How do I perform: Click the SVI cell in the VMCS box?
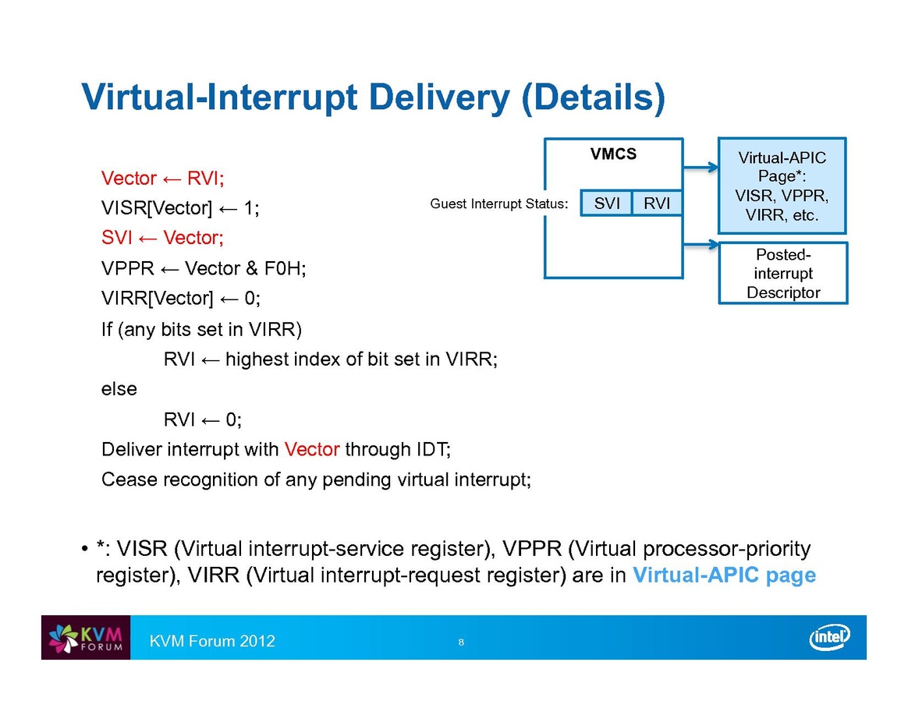click(x=607, y=204)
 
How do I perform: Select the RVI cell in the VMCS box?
click(x=657, y=204)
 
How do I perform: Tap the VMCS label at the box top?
click(x=613, y=154)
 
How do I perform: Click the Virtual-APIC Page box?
click(x=782, y=186)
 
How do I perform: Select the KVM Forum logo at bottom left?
click(x=86, y=638)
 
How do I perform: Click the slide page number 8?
click(x=461, y=643)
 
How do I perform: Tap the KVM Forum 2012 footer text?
click(x=213, y=641)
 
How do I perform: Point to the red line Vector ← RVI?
click(x=163, y=179)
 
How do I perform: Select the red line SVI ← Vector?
click(x=163, y=238)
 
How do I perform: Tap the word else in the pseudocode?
click(x=119, y=388)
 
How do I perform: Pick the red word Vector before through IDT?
click(x=312, y=449)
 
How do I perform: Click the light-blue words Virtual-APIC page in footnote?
click(x=724, y=575)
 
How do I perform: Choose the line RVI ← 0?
click(x=203, y=420)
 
